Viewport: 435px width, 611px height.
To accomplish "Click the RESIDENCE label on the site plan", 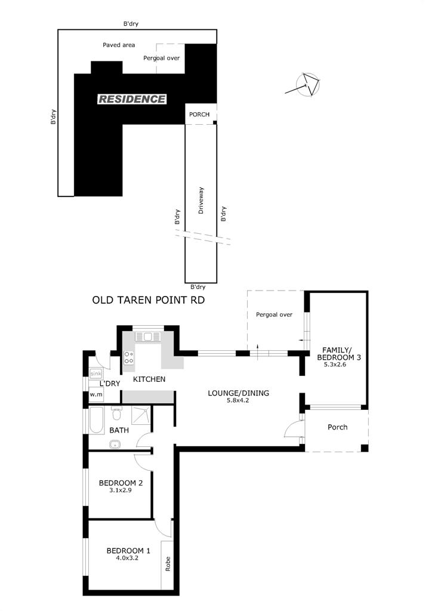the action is [x=132, y=99].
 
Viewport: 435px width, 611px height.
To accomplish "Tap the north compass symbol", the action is [x=306, y=85].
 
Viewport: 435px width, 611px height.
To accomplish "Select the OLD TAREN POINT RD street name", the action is [x=148, y=300].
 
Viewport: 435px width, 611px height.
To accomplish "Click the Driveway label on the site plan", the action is [x=201, y=200].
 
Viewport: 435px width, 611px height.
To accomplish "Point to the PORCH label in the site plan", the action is [x=199, y=115].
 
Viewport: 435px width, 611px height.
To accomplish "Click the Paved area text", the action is [x=119, y=45].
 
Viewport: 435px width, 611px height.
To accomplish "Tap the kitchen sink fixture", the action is [x=148, y=337].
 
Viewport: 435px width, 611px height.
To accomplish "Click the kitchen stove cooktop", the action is [x=129, y=358].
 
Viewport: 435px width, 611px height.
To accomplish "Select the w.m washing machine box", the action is [x=96, y=394].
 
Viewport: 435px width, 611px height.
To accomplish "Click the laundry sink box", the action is [x=96, y=374].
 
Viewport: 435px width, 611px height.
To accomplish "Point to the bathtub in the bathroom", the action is [x=96, y=420].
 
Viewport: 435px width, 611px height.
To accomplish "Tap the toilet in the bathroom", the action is [x=116, y=413].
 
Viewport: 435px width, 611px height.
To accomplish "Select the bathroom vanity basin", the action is [x=115, y=444].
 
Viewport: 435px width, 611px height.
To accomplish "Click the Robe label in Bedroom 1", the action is [x=168, y=564].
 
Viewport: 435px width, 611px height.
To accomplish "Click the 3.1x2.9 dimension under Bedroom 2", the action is [x=121, y=490].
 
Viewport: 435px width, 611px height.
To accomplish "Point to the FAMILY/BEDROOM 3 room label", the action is [x=339, y=353].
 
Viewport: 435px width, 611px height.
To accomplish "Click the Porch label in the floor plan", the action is [x=338, y=427].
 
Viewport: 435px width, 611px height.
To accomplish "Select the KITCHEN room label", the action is [x=149, y=379].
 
